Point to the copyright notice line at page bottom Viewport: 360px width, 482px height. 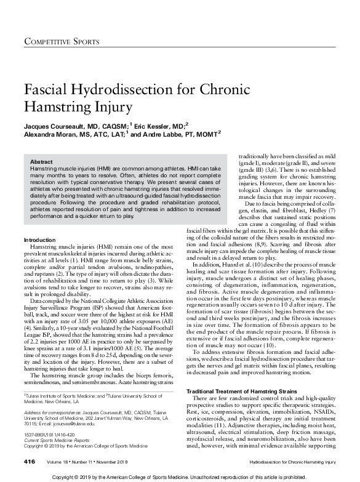(x=180, y=476)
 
